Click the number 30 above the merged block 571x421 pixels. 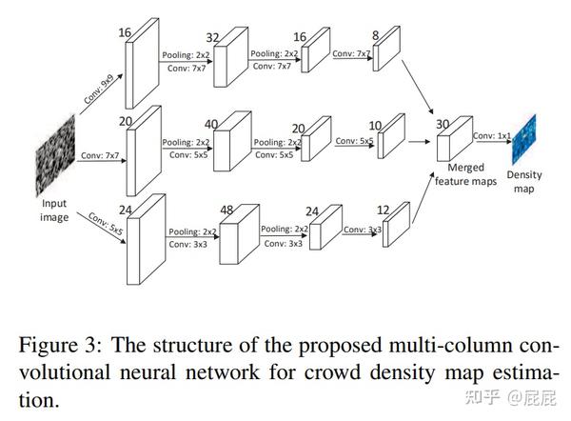tap(442, 124)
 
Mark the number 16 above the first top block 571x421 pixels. tap(123, 32)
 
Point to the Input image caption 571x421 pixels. tap(52, 210)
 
